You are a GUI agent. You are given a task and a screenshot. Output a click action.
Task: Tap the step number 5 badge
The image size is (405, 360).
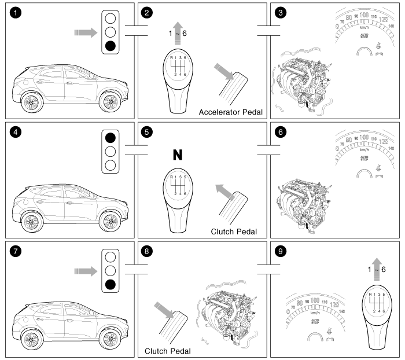(x=148, y=132)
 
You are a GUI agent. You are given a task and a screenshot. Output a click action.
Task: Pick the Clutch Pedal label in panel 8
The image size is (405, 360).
(x=168, y=350)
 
